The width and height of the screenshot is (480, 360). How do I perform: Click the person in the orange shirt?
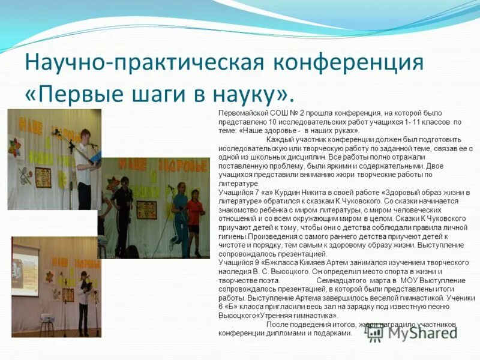click(194, 216)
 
